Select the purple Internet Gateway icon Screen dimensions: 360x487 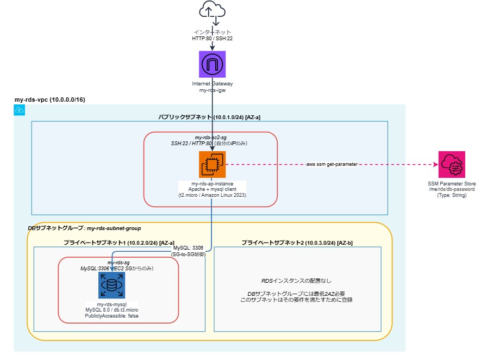(211, 64)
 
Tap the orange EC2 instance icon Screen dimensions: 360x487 (211, 164)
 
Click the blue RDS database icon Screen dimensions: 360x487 (111, 285)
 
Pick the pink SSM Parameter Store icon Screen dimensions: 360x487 (453, 164)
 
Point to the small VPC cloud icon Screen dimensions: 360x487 (20, 110)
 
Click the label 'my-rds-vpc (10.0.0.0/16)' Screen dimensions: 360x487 (49, 100)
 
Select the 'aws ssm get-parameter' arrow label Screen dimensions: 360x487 (332, 164)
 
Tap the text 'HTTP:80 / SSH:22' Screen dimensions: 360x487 (211, 39)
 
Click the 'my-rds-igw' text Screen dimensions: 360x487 (211, 90)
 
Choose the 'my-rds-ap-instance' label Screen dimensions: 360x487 (211, 183)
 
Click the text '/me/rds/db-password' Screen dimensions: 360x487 (453, 189)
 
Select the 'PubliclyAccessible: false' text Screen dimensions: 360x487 (111, 316)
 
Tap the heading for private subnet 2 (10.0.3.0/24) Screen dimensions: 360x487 (297, 241)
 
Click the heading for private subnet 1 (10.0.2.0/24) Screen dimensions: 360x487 (119, 241)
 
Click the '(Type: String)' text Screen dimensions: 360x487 (453, 195)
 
